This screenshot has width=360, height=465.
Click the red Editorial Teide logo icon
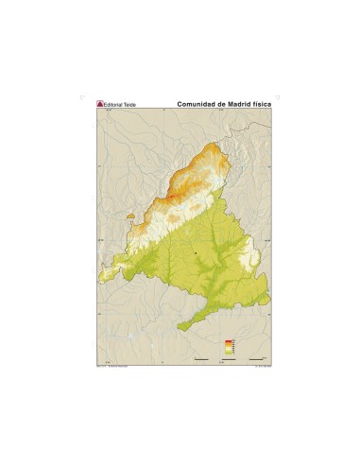(x=100, y=104)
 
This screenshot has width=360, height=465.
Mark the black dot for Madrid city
(x=196, y=253)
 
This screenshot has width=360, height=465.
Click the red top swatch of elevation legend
(x=228, y=340)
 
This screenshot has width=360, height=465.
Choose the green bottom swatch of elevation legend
(x=228, y=353)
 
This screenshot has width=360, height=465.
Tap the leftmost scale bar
(x=201, y=359)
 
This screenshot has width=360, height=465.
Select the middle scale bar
(x=229, y=359)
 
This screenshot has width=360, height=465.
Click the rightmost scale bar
(x=256, y=359)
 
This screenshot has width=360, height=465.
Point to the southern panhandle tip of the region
(x=180, y=328)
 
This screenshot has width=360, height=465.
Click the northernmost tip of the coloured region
(x=223, y=143)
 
